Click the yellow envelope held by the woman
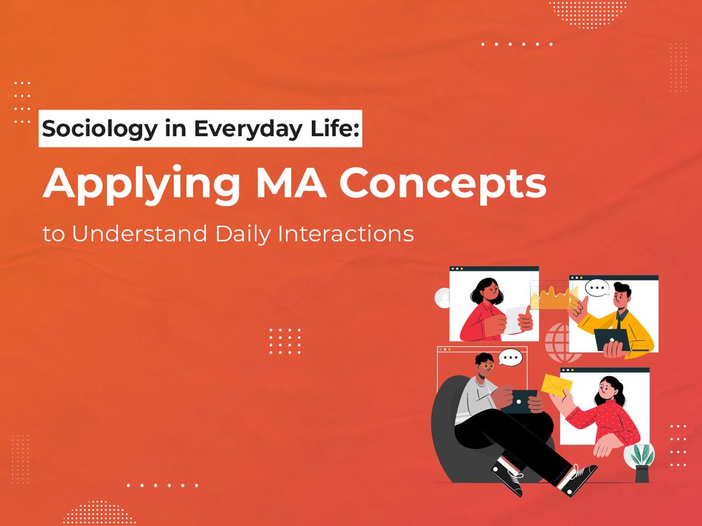[x=556, y=385]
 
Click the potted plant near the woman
[x=641, y=459]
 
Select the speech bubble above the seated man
[x=510, y=357]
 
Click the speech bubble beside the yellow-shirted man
[x=597, y=289]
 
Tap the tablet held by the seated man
[x=519, y=401]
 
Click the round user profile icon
[x=443, y=298]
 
